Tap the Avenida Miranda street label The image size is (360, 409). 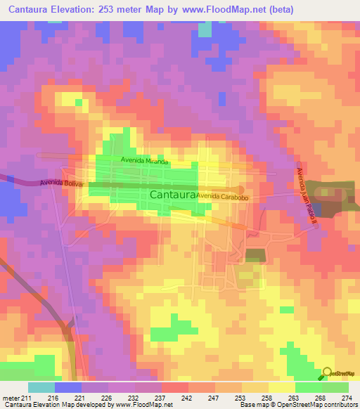[144, 161]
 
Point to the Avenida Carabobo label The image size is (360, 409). [223, 196]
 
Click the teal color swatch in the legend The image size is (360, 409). [41, 387]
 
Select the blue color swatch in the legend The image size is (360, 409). [68, 387]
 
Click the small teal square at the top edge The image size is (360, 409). [205, 30]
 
